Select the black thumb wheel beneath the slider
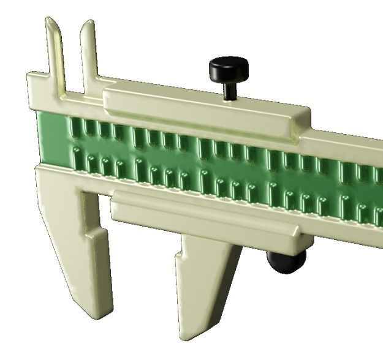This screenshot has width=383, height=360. [x=286, y=262]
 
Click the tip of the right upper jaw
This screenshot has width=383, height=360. [x=88, y=24]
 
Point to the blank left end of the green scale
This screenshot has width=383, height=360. [x=52, y=141]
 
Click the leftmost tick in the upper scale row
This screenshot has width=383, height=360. [x=75, y=127]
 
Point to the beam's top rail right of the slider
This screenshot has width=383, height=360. [x=349, y=140]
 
